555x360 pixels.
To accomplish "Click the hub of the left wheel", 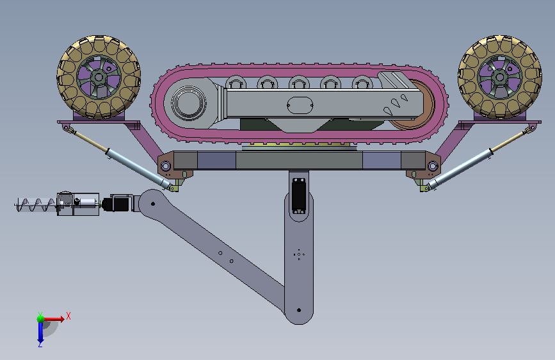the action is (99, 77).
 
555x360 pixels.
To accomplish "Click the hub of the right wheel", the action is (500, 77).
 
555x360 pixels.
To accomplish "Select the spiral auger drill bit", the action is (35, 205).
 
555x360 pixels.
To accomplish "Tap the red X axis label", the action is (68, 316).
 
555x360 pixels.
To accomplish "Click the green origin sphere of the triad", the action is (41, 319).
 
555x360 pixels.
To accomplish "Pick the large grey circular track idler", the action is (189, 103).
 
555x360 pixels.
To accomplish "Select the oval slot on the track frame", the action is (300, 105).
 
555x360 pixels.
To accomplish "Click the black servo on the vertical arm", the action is (299, 196).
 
